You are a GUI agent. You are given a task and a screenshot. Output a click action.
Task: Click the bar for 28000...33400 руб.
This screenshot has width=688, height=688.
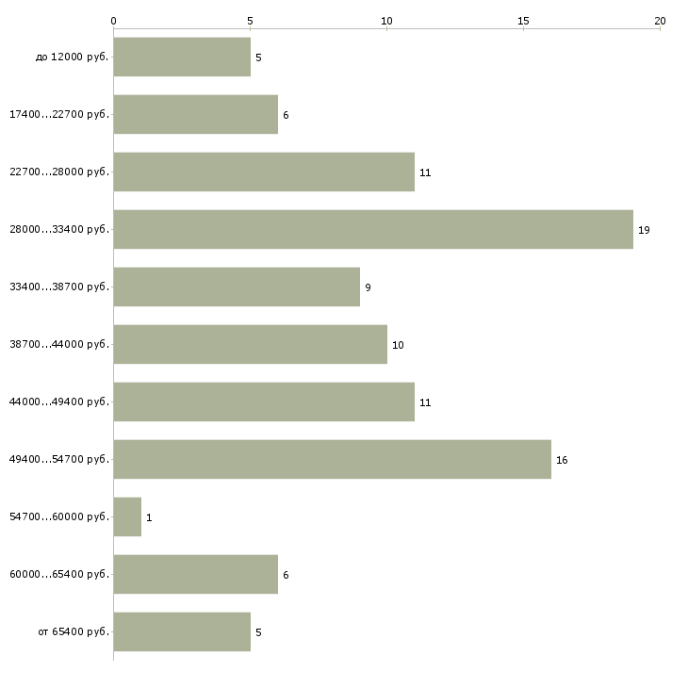(x=373, y=229)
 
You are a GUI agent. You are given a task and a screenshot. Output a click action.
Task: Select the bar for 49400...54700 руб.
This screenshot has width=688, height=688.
(x=332, y=459)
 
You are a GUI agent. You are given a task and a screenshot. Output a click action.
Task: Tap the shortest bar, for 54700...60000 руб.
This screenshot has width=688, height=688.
(x=127, y=516)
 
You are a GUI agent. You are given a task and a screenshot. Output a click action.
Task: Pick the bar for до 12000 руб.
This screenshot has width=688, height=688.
(x=182, y=57)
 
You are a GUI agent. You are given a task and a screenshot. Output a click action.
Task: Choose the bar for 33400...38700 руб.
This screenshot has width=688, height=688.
(x=237, y=287)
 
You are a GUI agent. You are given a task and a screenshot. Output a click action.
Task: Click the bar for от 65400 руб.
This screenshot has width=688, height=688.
(x=182, y=631)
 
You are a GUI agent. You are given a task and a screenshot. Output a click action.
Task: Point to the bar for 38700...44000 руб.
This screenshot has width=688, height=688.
(x=250, y=344)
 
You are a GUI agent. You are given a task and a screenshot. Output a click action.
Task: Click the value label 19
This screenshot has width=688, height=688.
(x=644, y=230)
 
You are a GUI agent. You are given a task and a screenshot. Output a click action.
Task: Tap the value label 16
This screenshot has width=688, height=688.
(x=562, y=460)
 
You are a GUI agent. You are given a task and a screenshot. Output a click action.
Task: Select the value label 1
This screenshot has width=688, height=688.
(x=149, y=517)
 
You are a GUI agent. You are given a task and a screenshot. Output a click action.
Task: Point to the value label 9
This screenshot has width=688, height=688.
(x=368, y=287)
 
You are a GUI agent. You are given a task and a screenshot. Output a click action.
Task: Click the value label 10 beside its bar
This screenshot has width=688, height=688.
(x=398, y=345)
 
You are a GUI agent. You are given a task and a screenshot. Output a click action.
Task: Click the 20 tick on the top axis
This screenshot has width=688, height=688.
(x=660, y=20)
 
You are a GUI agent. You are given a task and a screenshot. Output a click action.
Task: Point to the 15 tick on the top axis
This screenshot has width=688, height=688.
(x=523, y=20)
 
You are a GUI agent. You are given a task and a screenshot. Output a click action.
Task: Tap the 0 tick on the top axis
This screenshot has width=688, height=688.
(x=113, y=20)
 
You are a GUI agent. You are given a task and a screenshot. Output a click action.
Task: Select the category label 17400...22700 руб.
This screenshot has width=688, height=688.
(x=59, y=115)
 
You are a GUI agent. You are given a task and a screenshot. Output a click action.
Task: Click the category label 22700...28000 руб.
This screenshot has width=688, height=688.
(x=59, y=172)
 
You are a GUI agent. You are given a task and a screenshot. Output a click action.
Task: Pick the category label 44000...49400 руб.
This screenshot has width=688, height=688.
(x=59, y=402)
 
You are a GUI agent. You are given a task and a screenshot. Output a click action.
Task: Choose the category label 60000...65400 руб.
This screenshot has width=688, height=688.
(x=59, y=575)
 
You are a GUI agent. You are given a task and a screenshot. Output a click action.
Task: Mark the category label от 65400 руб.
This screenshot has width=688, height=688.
(x=74, y=632)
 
